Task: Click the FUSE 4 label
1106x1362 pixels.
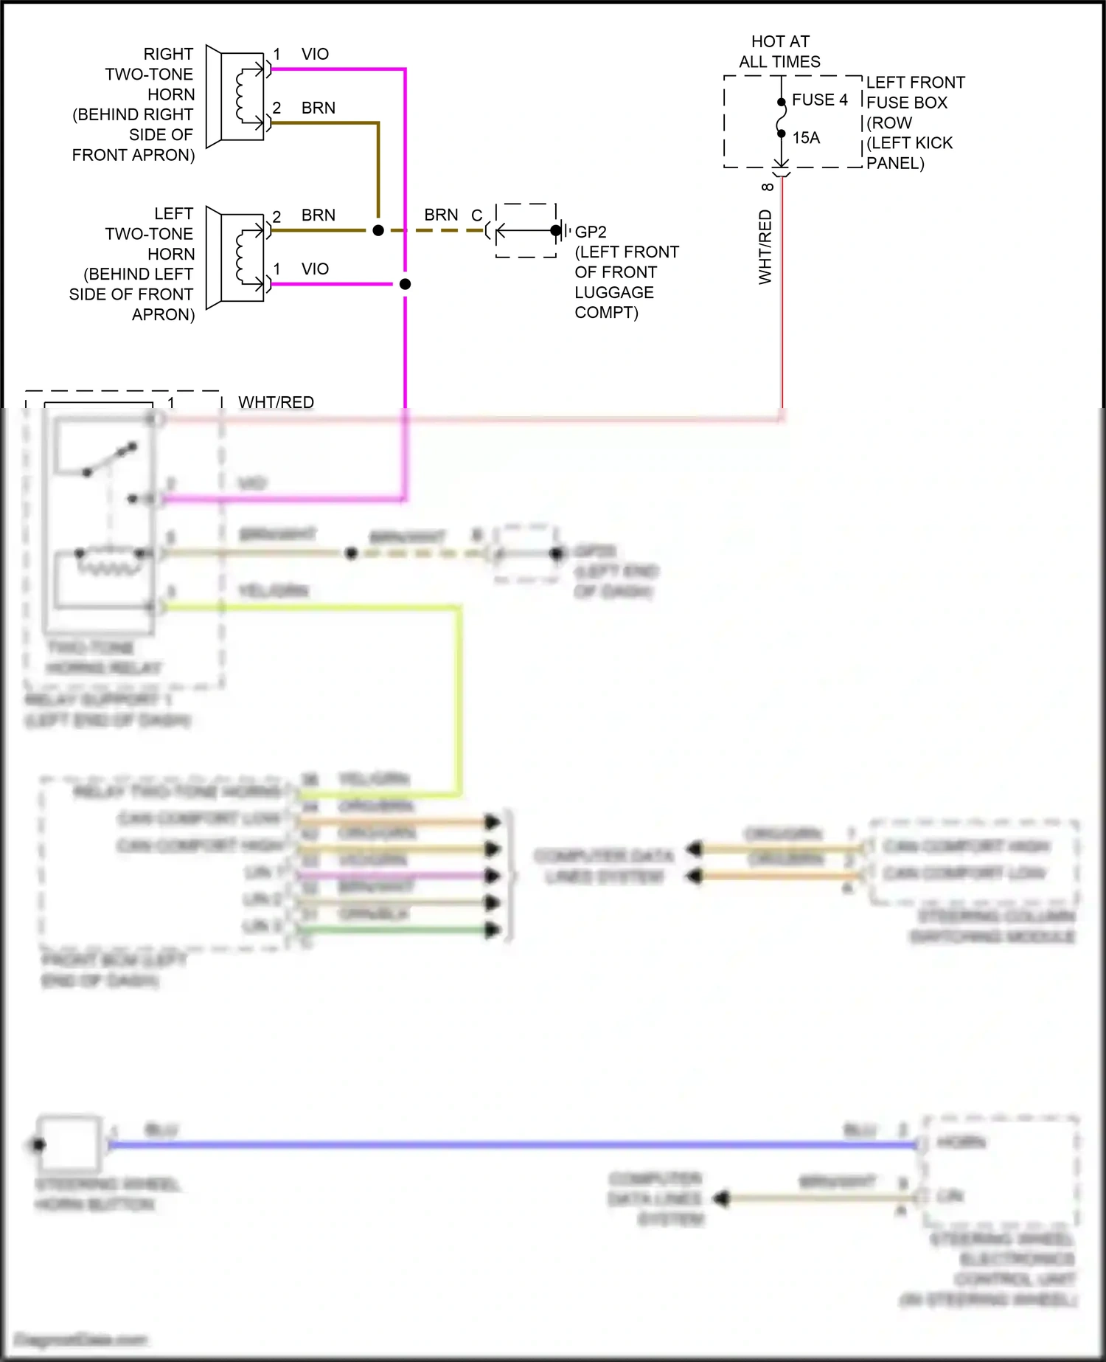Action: pos(819,100)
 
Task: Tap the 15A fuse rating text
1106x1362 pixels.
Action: pos(806,138)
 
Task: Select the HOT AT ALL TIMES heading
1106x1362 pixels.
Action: pos(780,52)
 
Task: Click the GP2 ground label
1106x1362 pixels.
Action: pos(591,232)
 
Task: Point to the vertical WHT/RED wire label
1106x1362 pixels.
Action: pos(765,247)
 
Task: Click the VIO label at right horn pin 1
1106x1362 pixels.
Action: pos(315,54)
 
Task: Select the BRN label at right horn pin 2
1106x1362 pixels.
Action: pos(318,108)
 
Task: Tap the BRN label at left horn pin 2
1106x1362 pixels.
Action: pos(318,215)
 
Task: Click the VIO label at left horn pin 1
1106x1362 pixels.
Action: pos(315,269)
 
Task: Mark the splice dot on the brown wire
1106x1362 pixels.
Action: pos(378,230)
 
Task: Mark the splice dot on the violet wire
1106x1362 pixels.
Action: pos(405,284)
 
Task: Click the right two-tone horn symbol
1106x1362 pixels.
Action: pos(236,96)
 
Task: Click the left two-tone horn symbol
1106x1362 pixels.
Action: pos(236,257)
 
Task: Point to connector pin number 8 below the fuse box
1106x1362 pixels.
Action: pos(768,187)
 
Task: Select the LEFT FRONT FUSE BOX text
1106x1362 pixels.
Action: pos(915,92)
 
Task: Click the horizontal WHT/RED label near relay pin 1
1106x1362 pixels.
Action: pos(276,402)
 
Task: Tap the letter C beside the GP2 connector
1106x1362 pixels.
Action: pos(476,215)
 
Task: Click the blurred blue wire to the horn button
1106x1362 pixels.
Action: pos(516,1144)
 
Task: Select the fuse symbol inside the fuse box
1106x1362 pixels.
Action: pos(782,118)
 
